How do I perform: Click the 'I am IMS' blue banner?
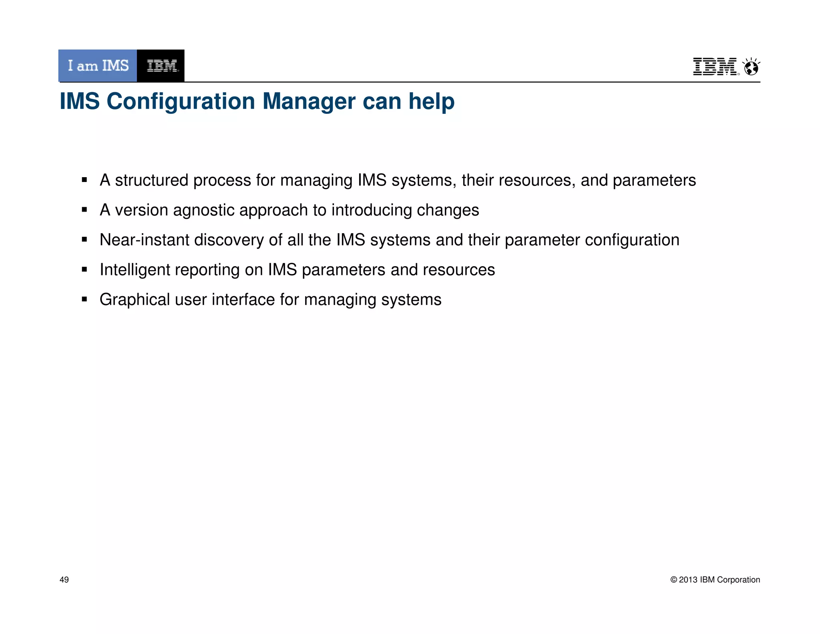98,66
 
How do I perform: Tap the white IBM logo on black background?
161,66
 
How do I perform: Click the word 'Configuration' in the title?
181,101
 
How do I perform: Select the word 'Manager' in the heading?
309,101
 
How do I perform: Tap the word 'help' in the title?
431,101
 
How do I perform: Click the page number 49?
64,580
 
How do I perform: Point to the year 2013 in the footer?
688,580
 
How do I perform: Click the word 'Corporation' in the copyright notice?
738,580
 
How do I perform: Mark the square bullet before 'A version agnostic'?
84,210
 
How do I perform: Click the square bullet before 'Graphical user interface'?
84,299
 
